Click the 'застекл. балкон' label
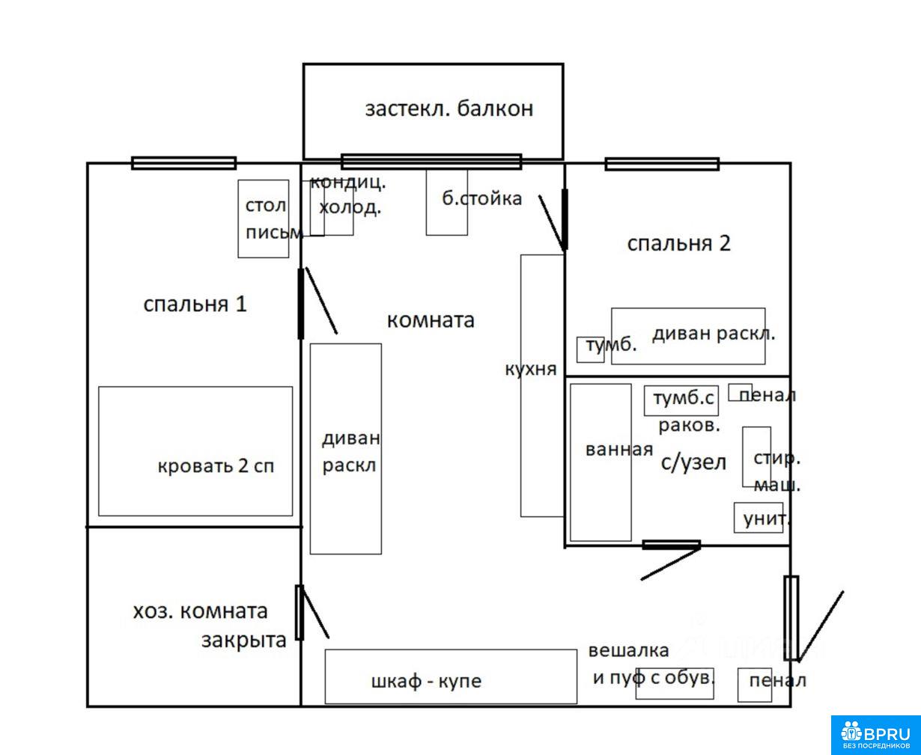tap(449, 109)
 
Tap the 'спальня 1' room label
tap(195, 305)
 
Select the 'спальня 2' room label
tap(678, 243)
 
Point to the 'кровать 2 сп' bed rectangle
tap(195, 451)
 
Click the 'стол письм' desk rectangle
tap(264, 218)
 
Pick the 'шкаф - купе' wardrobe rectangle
tap(451, 676)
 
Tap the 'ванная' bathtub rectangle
tap(601, 462)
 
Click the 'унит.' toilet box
tap(758, 517)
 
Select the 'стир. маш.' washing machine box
tap(756, 456)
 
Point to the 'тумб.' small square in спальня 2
tap(590, 349)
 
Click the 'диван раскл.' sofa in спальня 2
tap(688, 336)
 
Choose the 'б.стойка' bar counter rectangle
tap(447, 202)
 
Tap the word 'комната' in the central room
tap(431, 320)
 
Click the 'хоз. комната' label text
tap(200, 611)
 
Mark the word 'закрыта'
tap(244, 641)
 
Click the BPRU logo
tap(875, 735)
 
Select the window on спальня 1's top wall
tap(183, 163)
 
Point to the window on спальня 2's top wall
tap(662, 164)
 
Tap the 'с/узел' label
tap(694, 462)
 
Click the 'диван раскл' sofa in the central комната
tap(346, 449)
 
